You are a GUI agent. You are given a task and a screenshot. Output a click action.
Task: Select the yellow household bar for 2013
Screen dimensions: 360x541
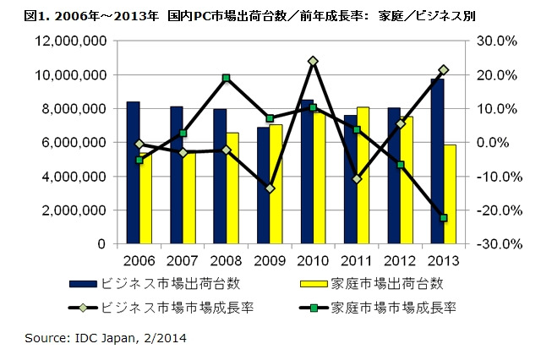click(x=451, y=194)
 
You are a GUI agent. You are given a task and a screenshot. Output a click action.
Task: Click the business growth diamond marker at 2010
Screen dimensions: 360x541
click(x=313, y=61)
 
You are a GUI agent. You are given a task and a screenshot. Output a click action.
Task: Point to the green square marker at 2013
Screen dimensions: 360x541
click(x=443, y=218)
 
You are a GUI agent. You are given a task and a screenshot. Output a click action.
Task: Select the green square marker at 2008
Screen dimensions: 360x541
click(x=227, y=78)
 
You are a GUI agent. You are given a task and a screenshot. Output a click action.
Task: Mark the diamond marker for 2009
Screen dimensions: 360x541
click(x=270, y=188)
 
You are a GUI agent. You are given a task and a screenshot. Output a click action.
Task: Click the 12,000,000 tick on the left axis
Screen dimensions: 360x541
click(x=71, y=41)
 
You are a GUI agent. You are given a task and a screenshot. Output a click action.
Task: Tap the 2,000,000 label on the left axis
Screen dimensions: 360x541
click(x=75, y=210)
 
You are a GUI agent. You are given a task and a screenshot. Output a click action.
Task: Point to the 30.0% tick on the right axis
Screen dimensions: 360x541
click(x=495, y=41)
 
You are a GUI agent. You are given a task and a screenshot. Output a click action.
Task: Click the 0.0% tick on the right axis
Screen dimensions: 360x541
click(x=498, y=142)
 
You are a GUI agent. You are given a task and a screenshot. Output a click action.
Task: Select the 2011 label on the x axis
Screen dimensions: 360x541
click(x=357, y=259)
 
